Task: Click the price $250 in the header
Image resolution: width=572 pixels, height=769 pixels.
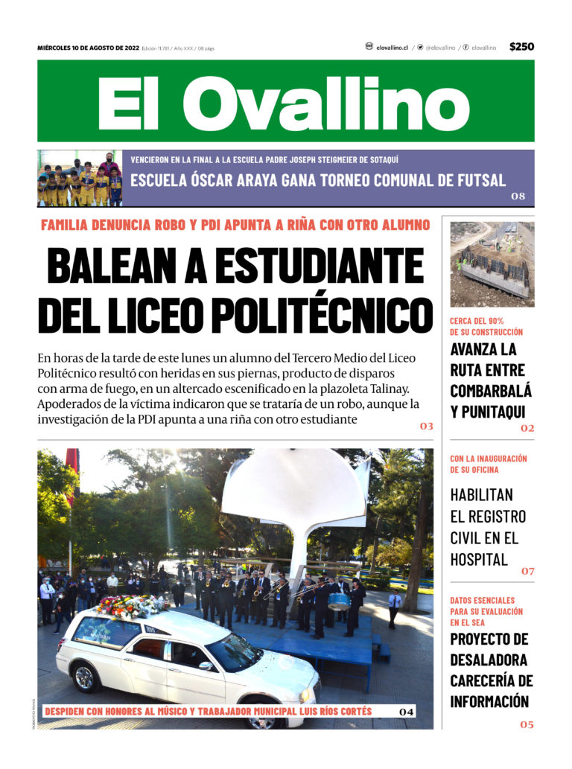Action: coord(521,47)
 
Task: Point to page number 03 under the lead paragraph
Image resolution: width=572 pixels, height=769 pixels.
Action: coord(426,427)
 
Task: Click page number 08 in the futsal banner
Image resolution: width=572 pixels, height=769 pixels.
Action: coord(518,197)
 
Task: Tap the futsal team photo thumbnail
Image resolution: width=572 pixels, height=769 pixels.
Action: coord(80,179)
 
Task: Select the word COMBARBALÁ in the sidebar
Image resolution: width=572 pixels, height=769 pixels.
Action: coord(491,391)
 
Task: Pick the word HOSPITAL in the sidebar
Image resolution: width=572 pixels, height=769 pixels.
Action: coord(479,559)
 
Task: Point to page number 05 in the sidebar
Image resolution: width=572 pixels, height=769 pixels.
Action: coord(527,724)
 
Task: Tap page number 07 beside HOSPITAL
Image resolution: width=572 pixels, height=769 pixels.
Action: coord(527,571)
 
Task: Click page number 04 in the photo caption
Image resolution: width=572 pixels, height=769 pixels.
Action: coord(406,712)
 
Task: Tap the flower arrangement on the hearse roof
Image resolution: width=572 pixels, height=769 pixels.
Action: coord(131,606)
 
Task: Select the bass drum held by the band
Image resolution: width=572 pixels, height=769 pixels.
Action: coord(339,601)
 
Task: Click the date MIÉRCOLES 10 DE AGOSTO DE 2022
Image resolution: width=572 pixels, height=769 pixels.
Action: coord(88,48)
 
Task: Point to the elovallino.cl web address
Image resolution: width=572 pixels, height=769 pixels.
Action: coord(392,48)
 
